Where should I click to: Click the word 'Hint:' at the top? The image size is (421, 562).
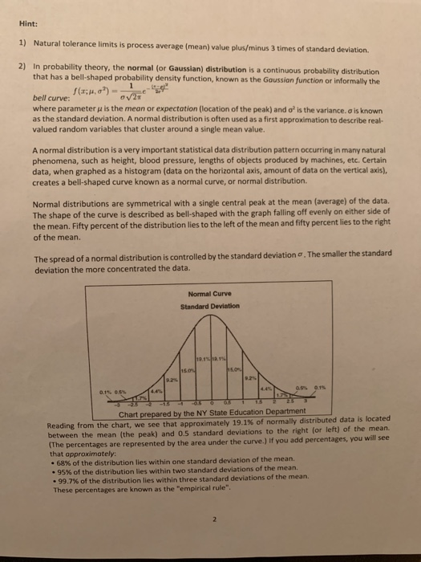point(30,24)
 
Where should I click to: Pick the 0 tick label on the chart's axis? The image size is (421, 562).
point(211,403)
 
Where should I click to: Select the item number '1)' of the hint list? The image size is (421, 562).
point(23,50)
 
